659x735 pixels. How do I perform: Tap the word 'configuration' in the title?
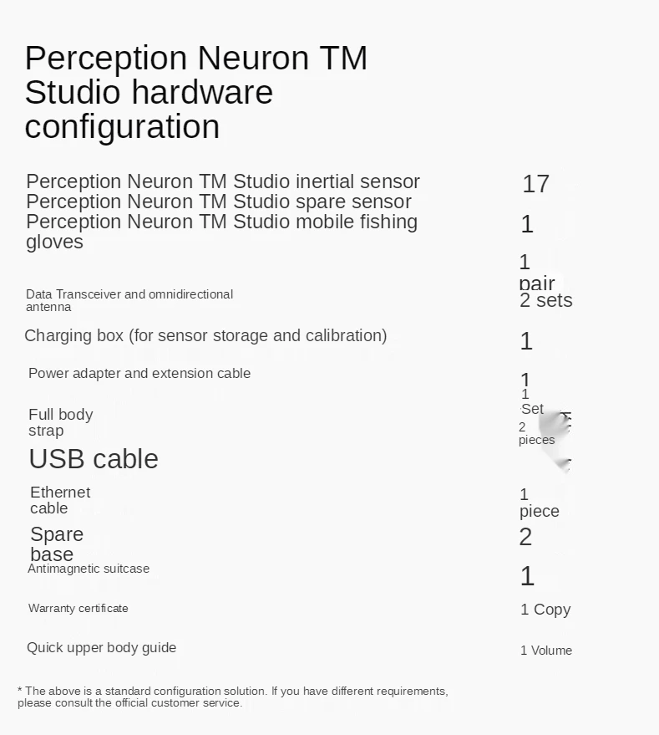click(x=122, y=127)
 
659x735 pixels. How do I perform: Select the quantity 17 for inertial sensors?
click(x=535, y=184)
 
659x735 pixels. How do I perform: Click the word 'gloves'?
click(x=54, y=242)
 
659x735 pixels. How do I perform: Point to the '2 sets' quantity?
click(x=545, y=301)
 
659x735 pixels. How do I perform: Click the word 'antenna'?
click(x=48, y=307)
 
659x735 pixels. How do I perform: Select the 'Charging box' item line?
click(x=205, y=335)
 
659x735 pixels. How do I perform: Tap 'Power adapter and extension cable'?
click(x=139, y=373)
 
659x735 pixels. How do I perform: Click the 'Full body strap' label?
click(x=60, y=422)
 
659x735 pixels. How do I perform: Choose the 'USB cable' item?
click(x=94, y=459)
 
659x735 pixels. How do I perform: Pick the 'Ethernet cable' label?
click(x=60, y=500)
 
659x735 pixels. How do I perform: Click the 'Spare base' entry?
click(x=57, y=544)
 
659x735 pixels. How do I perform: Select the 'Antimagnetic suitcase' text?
click(x=89, y=569)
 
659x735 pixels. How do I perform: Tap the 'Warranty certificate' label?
click(x=79, y=608)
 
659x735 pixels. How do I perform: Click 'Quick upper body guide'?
click(x=101, y=647)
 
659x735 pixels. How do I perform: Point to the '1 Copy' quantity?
click(x=545, y=610)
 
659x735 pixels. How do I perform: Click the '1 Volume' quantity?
click(x=546, y=651)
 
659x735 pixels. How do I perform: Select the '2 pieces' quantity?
click(x=535, y=434)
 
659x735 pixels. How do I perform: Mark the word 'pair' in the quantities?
click(x=537, y=283)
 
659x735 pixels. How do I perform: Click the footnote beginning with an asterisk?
click(x=233, y=697)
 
